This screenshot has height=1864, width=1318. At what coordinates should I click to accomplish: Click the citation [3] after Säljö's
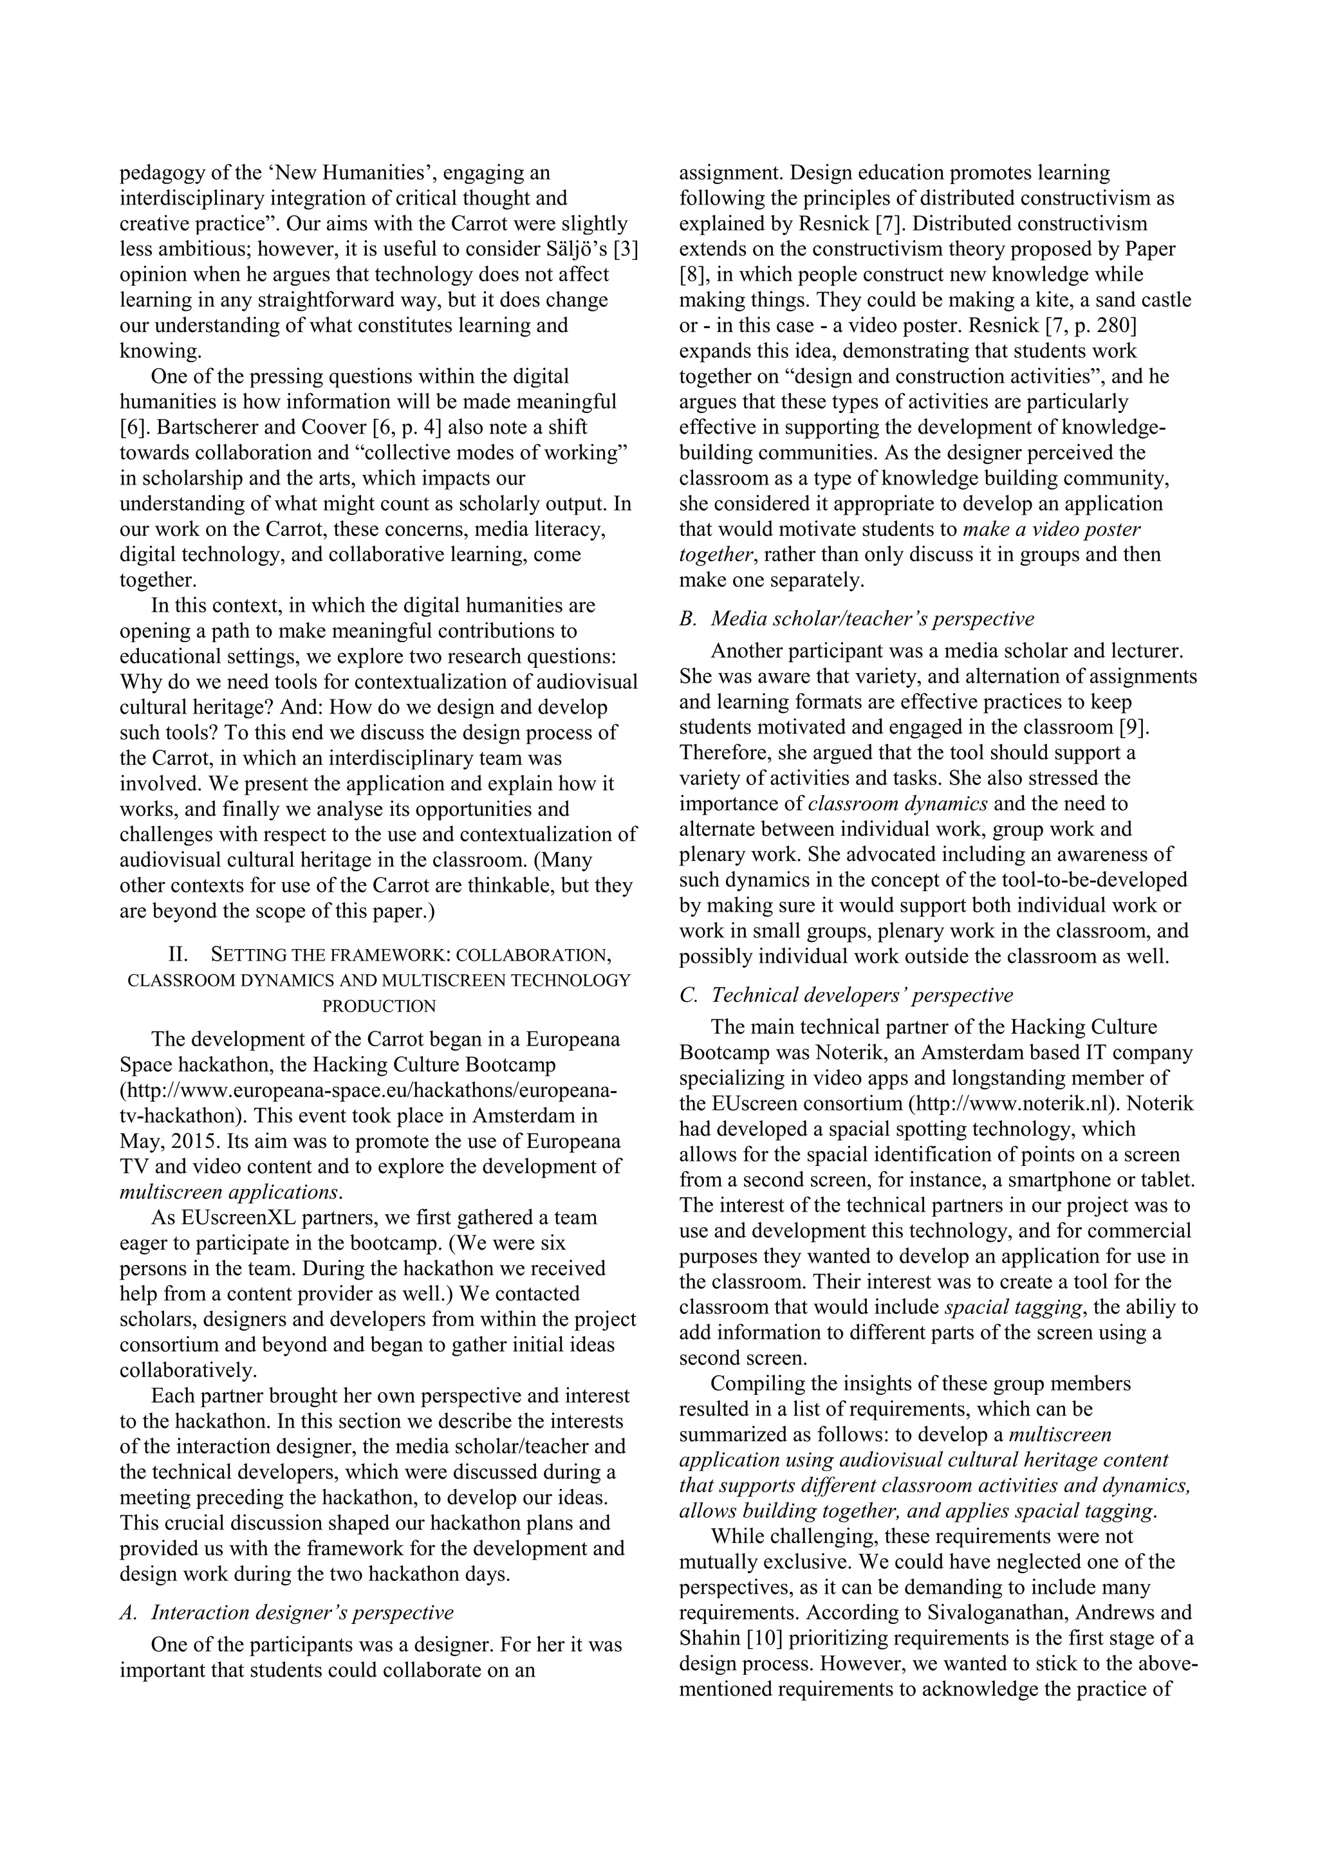626,249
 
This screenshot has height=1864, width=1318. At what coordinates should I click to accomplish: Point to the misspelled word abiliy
1133,1308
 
